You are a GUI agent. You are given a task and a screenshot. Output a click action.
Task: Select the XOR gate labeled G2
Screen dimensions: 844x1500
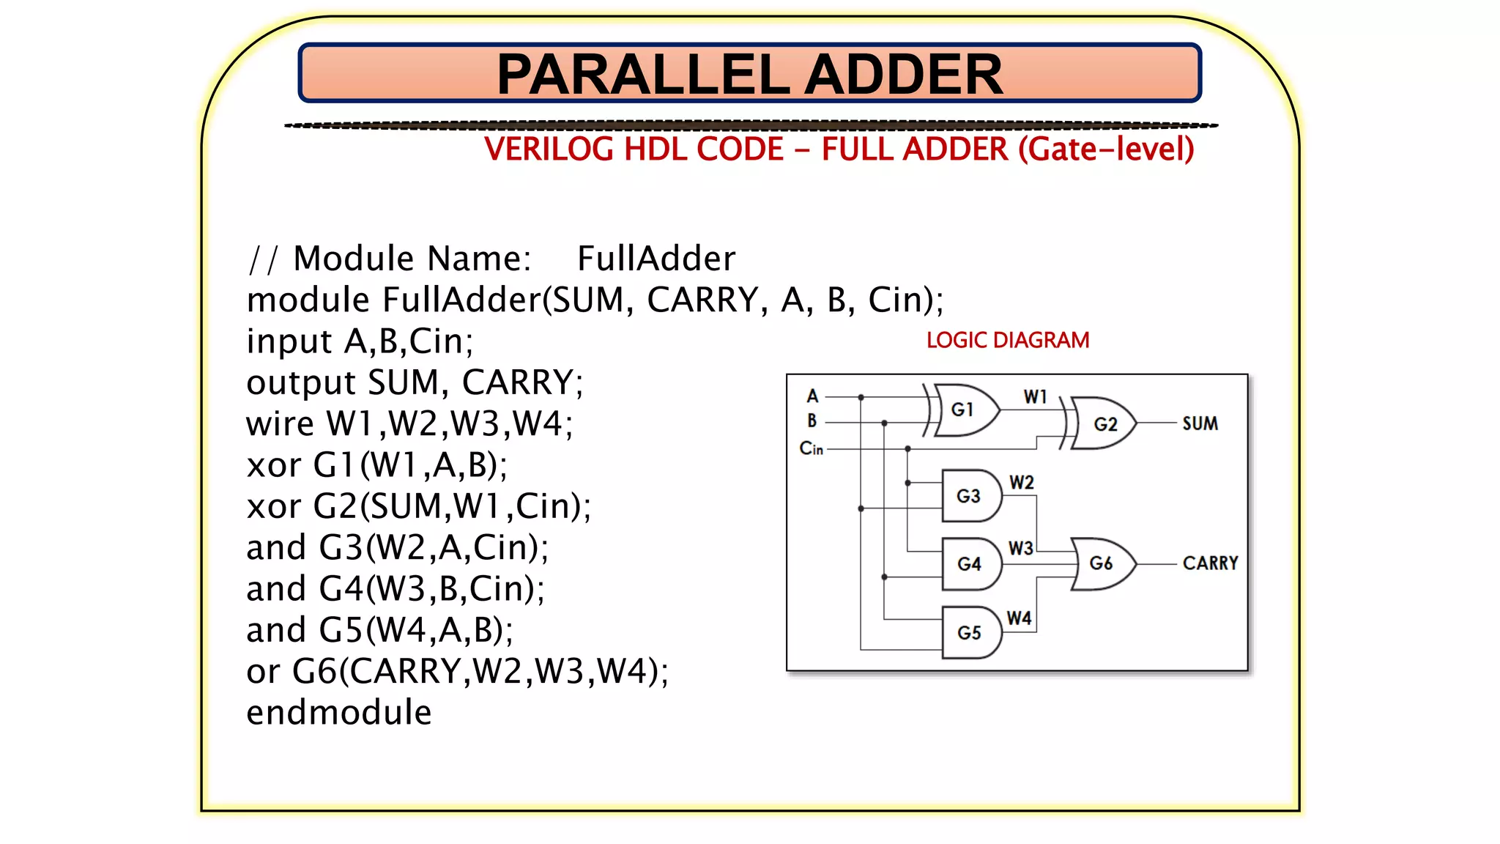click(1104, 423)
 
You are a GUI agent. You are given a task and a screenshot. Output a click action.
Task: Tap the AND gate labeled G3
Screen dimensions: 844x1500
click(970, 496)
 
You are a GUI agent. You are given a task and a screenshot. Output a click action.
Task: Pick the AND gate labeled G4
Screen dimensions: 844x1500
click(970, 564)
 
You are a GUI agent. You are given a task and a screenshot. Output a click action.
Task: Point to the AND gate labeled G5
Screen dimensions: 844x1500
click(970, 632)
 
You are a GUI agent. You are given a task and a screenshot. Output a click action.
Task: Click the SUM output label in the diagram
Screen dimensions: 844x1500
click(1200, 423)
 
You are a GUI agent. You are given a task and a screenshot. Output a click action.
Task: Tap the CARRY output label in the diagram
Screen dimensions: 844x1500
click(1210, 563)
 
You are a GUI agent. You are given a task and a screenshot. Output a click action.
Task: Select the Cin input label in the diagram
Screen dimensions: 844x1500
click(811, 448)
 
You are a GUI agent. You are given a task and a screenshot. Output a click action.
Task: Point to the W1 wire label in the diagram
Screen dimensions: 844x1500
click(1035, 397)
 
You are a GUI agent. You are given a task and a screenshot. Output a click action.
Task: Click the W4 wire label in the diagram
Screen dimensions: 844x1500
click(1019, 618)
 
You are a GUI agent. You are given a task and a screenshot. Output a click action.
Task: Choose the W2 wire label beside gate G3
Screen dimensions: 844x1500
click(1021, 483)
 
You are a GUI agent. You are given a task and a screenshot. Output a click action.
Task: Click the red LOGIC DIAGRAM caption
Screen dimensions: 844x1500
click(1008, 341)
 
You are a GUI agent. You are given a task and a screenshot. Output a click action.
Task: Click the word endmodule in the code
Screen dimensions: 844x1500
click(339, 713)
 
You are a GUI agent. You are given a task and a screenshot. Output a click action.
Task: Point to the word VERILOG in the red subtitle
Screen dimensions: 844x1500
click(548, 149)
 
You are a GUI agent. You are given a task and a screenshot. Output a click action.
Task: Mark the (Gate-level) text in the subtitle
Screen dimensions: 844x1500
click(1106, 149)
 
